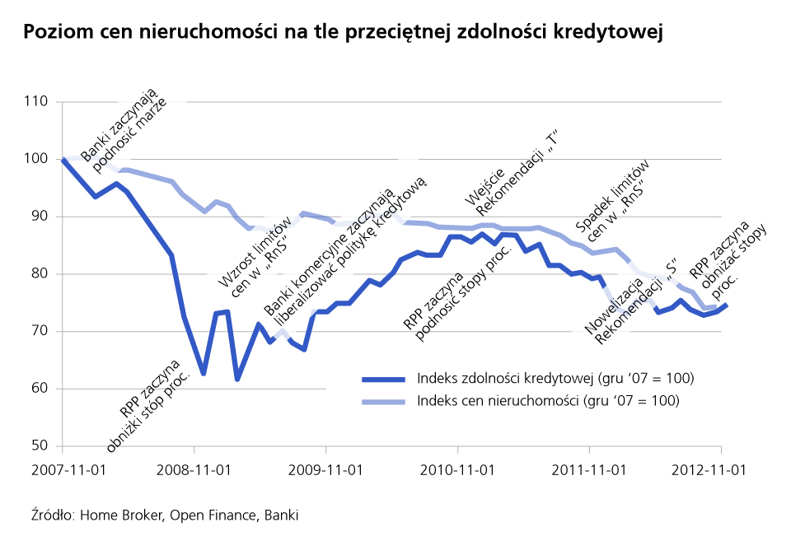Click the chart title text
344,33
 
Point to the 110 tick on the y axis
38,102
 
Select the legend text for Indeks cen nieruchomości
548,401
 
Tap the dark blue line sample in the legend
384,380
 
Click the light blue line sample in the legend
384,402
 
